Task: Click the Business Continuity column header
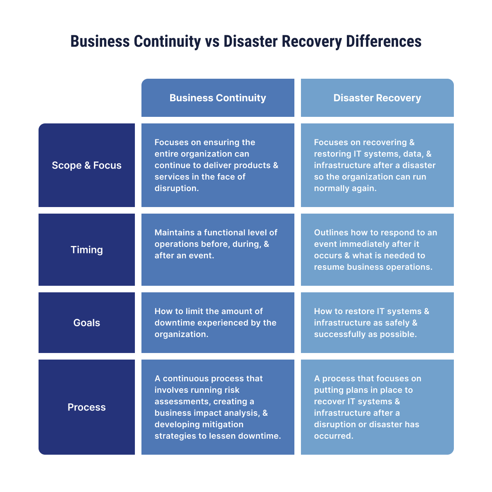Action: [x=218, y=98]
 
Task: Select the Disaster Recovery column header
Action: [x=377, y=98]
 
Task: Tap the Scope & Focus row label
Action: [x=87, y=165]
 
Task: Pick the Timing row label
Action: [x=87, y=250]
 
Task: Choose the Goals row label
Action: [x=87, y=323]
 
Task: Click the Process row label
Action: [x=87, y=407]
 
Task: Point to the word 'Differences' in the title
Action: [x=383, y=42]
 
